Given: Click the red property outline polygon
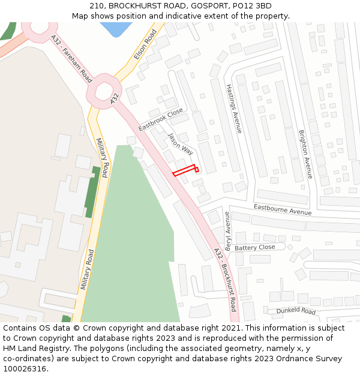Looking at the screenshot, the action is (185, 170).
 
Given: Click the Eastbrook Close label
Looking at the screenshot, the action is (160, 120).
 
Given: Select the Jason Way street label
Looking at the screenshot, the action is (180, 145).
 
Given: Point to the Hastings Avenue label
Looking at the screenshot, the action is (233, 108).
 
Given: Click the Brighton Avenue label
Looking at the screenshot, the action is (305, 154).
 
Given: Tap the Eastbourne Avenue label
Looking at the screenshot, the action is (282, 209).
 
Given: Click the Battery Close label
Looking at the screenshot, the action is (255, 248).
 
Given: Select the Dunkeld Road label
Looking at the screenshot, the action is (296, 311).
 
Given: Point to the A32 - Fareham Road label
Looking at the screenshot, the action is (71, 59).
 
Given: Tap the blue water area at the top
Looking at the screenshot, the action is (116, 28).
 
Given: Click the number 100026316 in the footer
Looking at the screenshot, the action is (25, 368).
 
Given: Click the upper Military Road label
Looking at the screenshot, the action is (101, 158).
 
